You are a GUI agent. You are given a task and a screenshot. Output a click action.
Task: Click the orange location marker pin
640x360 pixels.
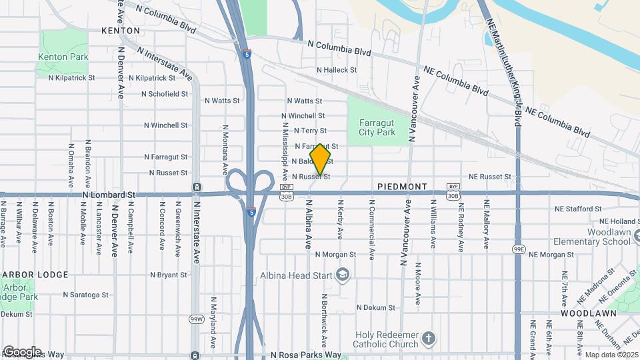tap(321, 160)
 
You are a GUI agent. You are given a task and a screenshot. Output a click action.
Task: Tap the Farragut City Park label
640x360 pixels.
tap(377, 127)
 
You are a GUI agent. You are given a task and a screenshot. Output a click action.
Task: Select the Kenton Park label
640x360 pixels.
tap(63, 57)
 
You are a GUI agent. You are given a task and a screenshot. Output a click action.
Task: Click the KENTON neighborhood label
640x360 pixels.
tap(121, 31)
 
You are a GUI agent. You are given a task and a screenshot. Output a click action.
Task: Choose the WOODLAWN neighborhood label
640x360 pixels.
tap(583, 313)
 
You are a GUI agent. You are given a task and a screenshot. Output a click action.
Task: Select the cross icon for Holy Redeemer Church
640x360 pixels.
tap(429, 339)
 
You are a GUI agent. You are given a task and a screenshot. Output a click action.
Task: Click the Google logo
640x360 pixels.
tap(22, 351)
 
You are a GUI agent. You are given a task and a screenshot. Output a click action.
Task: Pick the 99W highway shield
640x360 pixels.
tap(196, 319)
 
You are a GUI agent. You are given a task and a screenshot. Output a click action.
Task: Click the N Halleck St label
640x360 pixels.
tap(337, 70)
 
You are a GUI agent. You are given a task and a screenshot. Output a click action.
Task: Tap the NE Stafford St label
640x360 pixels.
tap(578, 209)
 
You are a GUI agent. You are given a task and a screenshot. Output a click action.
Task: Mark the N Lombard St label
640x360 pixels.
tap(109, 195)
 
